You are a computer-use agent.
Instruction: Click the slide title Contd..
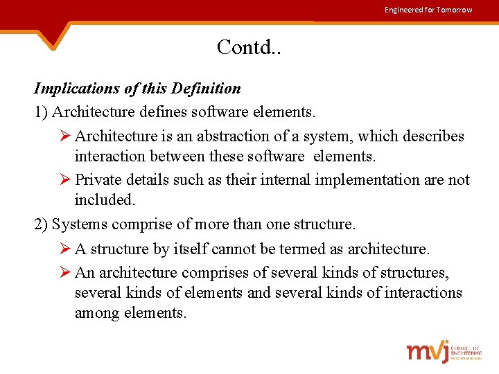click(249, 47)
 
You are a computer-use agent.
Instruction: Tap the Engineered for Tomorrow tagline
click(428, 10)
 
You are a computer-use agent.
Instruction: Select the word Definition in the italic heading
click(207, 89)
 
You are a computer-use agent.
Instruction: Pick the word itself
click(186, 249)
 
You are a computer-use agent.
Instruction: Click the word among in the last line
click(97, 313)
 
